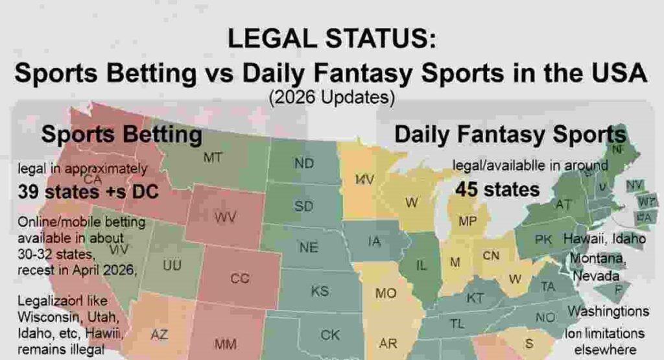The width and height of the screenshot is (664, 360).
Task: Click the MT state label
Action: pyautogui.click(x=213, y=157)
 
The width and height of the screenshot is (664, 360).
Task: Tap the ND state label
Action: pyautogui.click(x=304, y=163)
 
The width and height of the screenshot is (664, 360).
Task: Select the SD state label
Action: pyautogui.click(x=303, y=206)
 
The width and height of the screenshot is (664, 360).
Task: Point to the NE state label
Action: pyautogui.click(x=308, y=247)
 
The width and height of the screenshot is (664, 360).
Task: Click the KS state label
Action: pyautogui.click(x=320, y=291)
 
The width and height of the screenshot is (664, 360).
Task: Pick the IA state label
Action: pyautogui.click(x=374, y=242)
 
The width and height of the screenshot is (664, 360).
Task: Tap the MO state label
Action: pyautogui.click(x=386, y=293)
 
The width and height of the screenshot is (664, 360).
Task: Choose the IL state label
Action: pyautogui.click(x=421, y=265)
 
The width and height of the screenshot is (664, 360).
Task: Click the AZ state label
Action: pyautogui.click(x=159, y=335)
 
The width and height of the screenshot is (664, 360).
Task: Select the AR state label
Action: pyautogui.click(x=388, y=342)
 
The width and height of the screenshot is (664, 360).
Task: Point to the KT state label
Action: pyautogui.click(x=475, y=298)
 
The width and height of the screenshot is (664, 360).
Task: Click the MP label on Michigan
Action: pyautogui.click(x=468, y=221)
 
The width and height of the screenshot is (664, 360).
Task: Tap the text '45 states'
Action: pyautogui.click(x=497, y=189)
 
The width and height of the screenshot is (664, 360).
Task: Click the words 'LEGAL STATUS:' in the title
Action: pyautogui.click(x=331, y=40)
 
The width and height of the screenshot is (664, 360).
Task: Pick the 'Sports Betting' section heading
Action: pyautogui.click(x=121, y=135)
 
